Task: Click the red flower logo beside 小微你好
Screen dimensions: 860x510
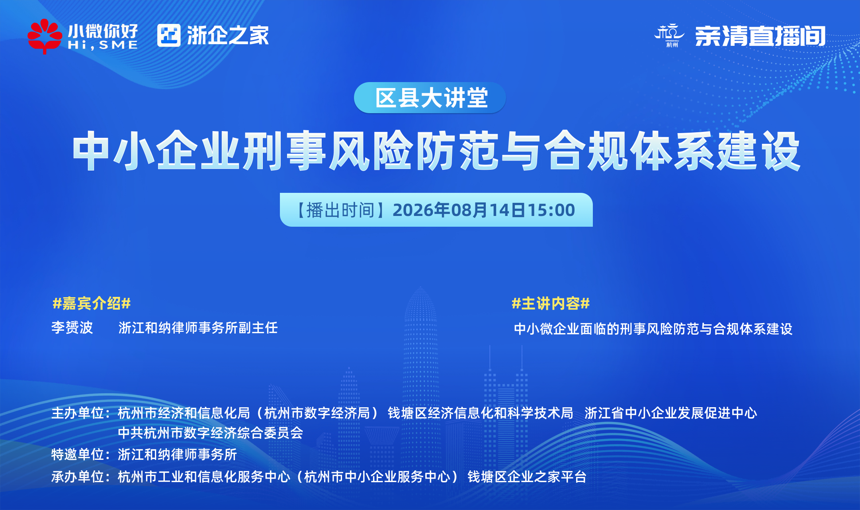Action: click(45, 36)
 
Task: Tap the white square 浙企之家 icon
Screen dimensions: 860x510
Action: click(169, 35)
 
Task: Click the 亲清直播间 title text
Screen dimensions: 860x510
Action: click(760, 36)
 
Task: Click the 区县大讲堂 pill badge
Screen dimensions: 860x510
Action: click(430, 98)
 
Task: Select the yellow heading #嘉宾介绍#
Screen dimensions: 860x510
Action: click(92, 303)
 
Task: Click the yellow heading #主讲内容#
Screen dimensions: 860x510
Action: click(551, 303)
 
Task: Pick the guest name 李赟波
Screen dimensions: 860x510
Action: click(72, 328)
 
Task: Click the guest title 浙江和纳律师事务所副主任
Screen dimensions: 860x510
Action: click(198, 328)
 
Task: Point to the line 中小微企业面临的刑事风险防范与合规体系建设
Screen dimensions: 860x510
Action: click(653, 329)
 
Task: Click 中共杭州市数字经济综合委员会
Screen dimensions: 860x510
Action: click(211, 433)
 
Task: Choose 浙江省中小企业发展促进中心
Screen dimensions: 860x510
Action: click(671, 413)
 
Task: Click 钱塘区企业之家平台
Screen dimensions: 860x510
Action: click(527, 477)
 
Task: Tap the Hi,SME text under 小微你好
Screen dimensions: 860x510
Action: click(103, 45)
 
